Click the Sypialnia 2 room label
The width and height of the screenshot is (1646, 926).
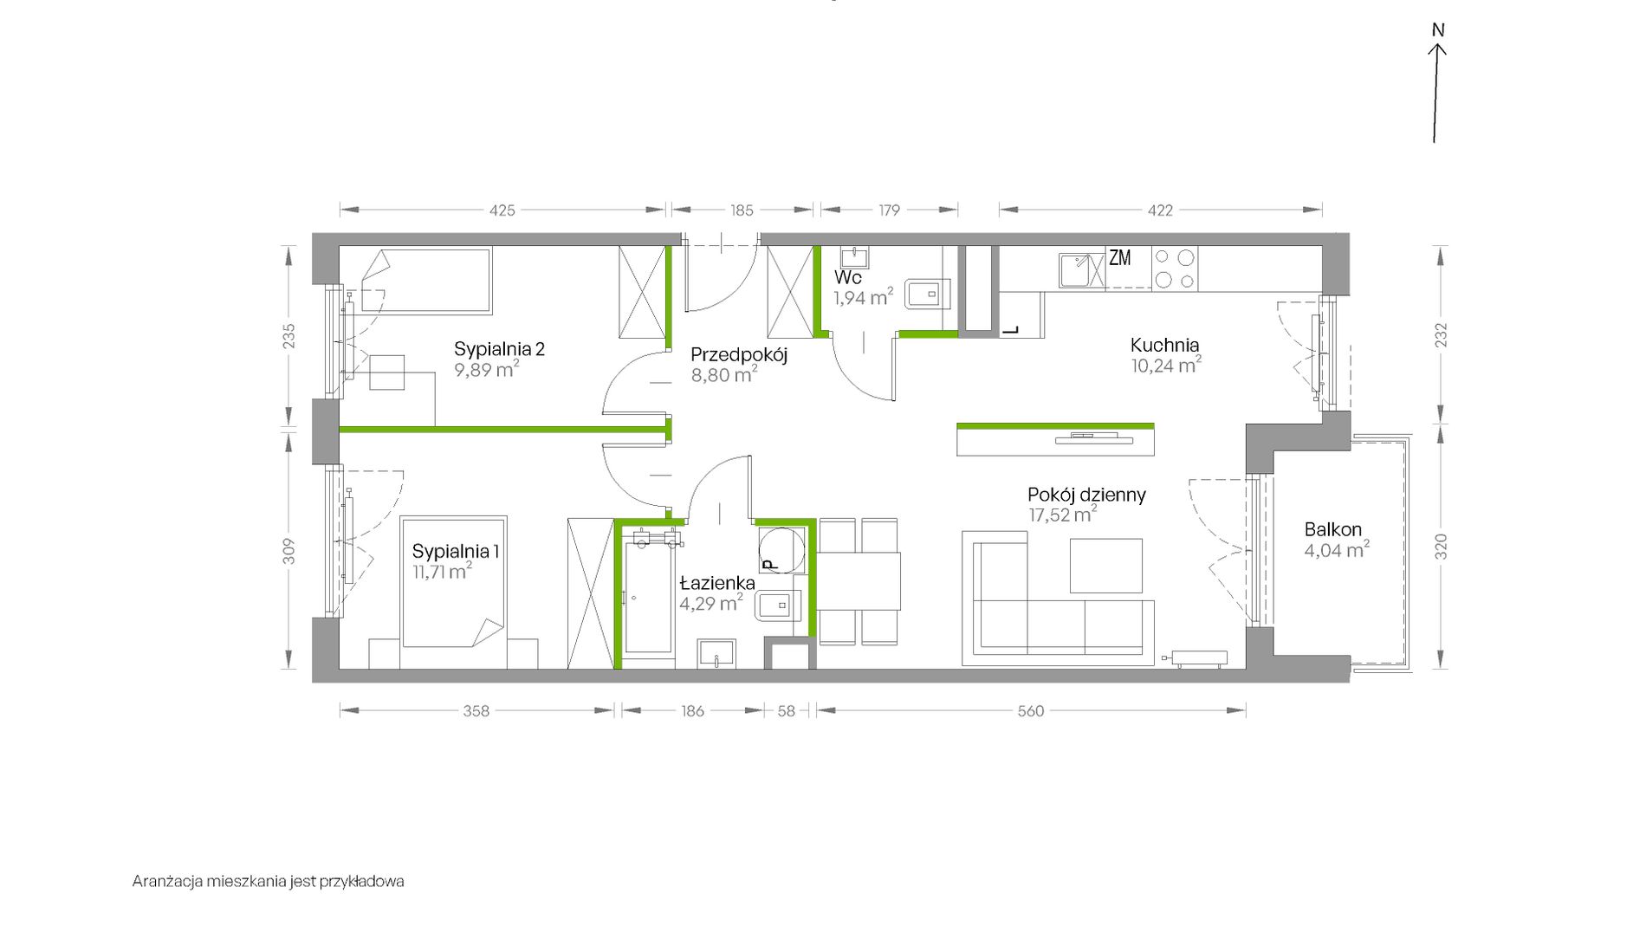pyautogui.click(x=499, y=349)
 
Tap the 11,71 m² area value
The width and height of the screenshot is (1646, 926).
pyautogui.click(x=443, y=571)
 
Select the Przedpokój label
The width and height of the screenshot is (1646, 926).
pyautogui.click(x=739, y=354)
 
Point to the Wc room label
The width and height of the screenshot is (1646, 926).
pyautogui.click(x=848, y=278)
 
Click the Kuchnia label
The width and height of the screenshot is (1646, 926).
pyautogui.click(x=1164, y=345)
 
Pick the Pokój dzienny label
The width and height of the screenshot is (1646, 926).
pyautogui.click(x=1086, y=495)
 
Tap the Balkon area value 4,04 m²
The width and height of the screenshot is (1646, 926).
pyautogui.click(x=1337, y=549)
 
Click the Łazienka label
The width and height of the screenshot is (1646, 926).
pyautogui.click(x=717, y=582)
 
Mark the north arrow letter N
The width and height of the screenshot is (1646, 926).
pyautogui.click(x=1438, y=30)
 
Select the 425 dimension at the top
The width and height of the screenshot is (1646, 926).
pyautogui.click(x=502, y=210)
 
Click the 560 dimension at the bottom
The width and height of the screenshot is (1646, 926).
pyautogui.click(x=1031, y=711)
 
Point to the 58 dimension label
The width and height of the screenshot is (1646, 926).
pyautogui.click(x=786, y=711)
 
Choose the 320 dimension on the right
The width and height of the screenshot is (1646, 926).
pyautogui.click(x=1440, y=547)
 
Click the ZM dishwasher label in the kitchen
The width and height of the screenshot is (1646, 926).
pyautogui.click(x=1120, y=257)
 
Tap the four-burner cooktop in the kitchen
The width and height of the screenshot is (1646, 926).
pyautogui.click(x=1175, y=269)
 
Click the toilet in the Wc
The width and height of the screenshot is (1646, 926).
pyautogui.click(x=927, y=294)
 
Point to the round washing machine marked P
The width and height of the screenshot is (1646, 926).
pyautogui.click(x=782, y=549)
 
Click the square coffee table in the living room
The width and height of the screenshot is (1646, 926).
pyautogui.click(x=1106, y=566)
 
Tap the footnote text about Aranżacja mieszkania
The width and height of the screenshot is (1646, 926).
pyautogui.click(x=269, y=882)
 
